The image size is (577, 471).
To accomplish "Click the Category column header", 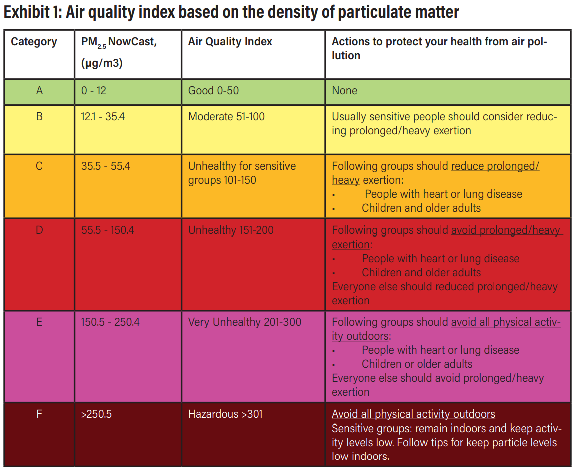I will tap(34, 42).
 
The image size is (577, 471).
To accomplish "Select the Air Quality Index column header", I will tap(230, 42).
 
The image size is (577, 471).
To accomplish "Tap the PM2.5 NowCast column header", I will tap(119, 42).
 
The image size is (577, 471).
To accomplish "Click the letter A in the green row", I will tap(39, 91).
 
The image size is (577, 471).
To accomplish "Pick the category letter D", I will tap(39, 230).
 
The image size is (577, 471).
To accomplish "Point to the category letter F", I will tap(39, 414).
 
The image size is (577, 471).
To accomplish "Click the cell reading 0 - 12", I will tap(94, 91).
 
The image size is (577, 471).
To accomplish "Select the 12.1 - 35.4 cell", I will tap(103, 117).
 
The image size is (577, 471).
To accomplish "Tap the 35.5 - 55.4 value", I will tap(105, 166).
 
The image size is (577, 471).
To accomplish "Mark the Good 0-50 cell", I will tap(213, 91).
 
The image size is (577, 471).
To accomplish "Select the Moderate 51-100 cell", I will tap(226, 117).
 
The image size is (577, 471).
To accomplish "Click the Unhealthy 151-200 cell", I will tap(231, 230).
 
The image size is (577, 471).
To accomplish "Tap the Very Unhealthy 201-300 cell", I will tap(244, 322).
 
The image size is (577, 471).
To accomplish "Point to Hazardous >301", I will tap(225, 414).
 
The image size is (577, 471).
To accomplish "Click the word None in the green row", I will tap(344, 91).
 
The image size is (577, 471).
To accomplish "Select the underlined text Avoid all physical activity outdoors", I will tap(413, 414).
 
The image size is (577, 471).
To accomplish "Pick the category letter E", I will tap(39, 322).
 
